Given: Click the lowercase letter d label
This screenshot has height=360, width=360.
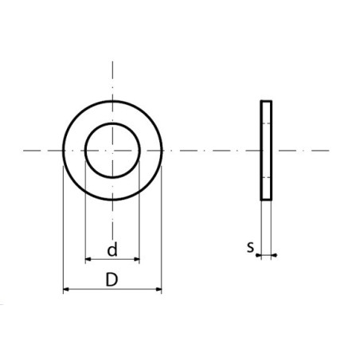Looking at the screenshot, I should [112, 250].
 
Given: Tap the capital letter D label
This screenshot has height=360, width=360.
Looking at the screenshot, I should [112, 279].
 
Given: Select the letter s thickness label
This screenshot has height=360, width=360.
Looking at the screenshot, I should [250, 248].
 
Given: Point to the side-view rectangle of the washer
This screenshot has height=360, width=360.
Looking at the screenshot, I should [266, 150].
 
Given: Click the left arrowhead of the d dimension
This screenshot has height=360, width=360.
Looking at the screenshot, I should [88, 260].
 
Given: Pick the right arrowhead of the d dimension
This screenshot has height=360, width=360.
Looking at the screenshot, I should [137, 260].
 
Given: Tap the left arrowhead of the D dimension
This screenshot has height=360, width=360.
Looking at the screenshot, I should [66, 289].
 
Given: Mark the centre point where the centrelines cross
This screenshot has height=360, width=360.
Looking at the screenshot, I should [112, 150].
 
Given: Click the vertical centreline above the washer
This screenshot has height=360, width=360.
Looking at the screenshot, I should [112, 80].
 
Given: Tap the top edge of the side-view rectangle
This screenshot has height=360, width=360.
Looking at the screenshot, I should [266, 101].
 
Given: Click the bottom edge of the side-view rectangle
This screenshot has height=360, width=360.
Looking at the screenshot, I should [266, 199].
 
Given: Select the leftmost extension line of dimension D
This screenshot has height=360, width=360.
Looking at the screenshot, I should [63, 231].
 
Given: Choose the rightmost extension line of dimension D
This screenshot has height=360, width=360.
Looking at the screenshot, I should [162, 231].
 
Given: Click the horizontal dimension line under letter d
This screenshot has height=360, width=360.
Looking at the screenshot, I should [112, 260].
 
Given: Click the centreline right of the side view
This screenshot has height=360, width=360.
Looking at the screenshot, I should [307, 150].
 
